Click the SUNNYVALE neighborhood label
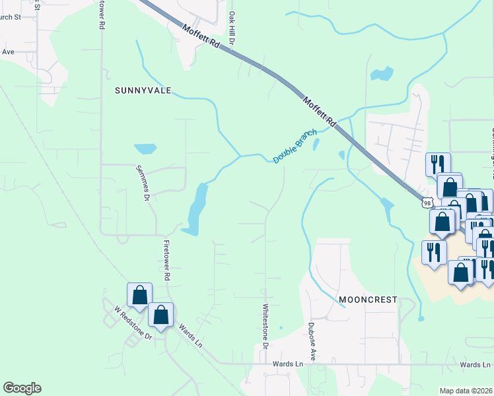pos(143,90)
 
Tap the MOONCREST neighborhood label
pos(368,300)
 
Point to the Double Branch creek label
pos(295,147)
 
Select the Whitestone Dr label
pos(265,325)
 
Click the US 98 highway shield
pos(429,198)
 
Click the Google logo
pos(22,388)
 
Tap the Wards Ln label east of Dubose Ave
pos(476,364)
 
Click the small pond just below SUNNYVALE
pos(145,148)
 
